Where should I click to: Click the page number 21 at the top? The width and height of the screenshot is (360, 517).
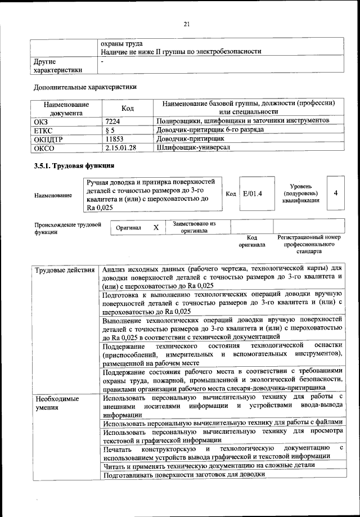[x=187, y=23]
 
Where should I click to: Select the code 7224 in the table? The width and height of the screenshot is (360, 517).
[x=112, y=121]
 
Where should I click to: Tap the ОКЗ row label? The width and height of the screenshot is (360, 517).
[x=42, y=121]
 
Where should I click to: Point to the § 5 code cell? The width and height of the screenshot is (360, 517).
[x=110, y=130]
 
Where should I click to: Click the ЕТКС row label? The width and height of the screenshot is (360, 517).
[x=44, y=130]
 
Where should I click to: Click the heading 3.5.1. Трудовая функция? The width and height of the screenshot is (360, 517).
[x=74, y=166]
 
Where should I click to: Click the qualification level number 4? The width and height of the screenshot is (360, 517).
[x=335, y=194]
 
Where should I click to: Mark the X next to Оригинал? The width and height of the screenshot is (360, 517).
[x=156, y=227]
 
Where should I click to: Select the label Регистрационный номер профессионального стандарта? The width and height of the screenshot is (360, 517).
[x=309, y=245]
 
